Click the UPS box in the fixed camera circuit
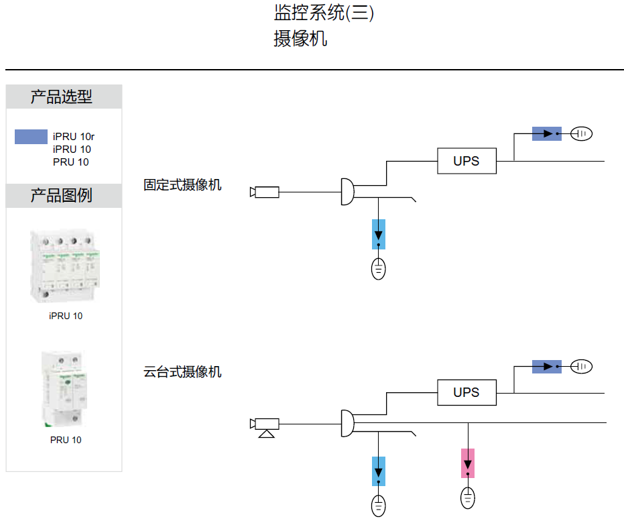466,161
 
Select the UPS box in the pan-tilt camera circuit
466,392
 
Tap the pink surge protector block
468,463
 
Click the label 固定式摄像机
182,184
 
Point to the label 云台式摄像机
182,371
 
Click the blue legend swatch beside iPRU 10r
31,137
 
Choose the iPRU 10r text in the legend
74,137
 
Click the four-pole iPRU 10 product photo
64,266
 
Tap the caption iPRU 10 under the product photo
66,316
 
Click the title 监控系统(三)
324,13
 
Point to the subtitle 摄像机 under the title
300,38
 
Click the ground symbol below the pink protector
468,498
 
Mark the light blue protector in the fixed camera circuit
379,235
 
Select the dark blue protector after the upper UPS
547,133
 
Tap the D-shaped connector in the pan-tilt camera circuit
347,423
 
